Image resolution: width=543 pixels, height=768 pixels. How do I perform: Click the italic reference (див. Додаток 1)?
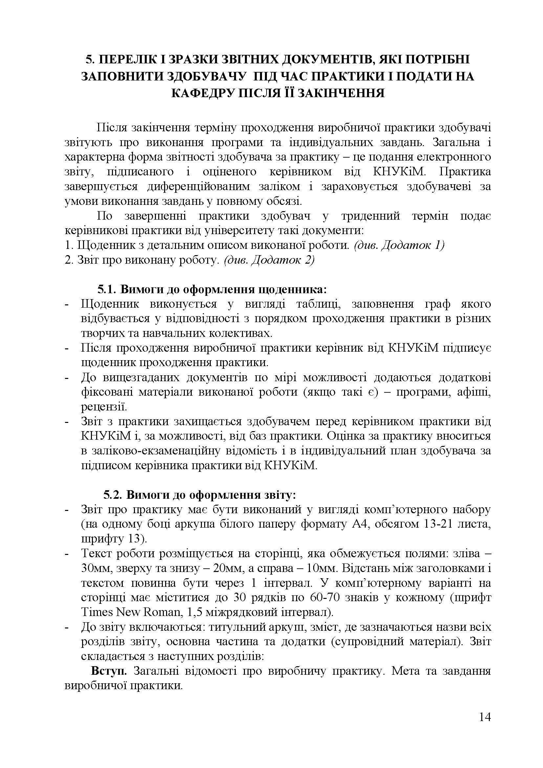[x=399, y=245]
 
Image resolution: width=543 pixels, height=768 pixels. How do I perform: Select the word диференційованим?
[x=199, y=186]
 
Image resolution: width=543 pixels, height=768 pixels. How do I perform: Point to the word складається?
[x=112, y=656]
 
